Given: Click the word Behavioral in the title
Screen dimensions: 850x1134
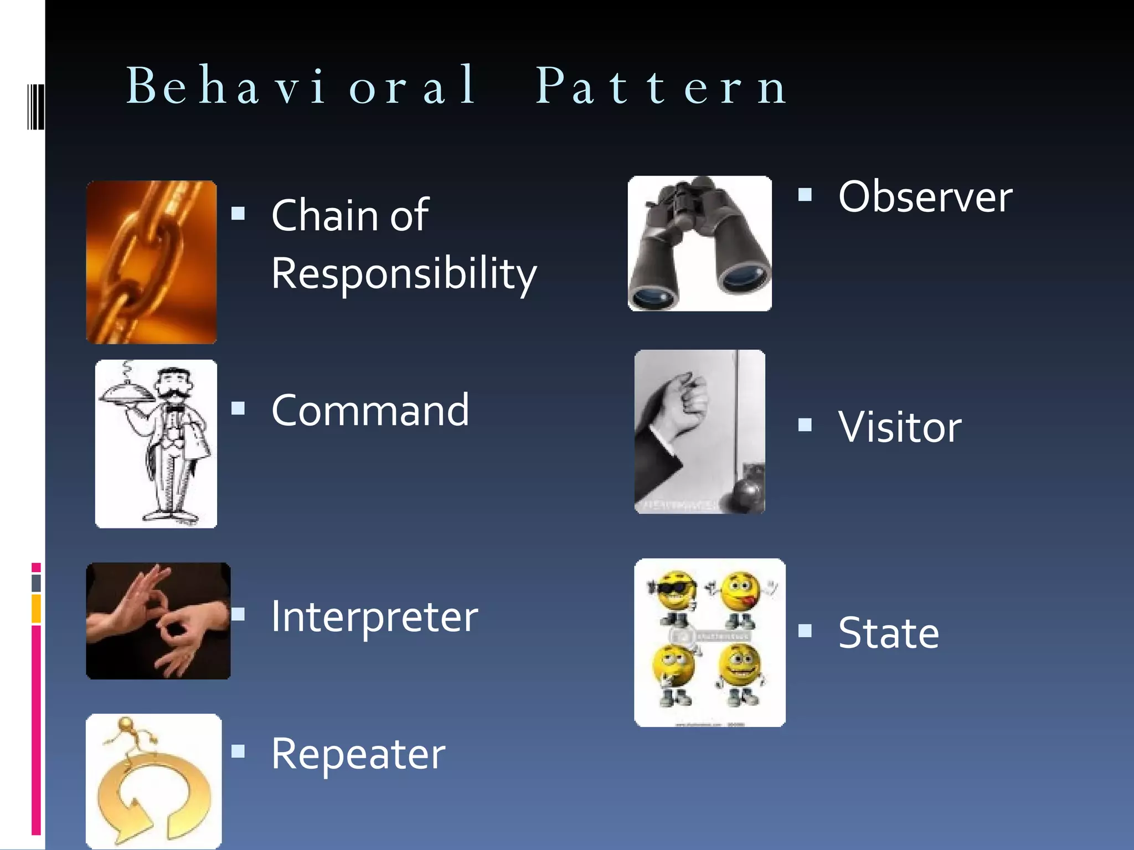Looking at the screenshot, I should coord(302,86).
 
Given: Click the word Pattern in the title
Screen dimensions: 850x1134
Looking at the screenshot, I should coord(662,86).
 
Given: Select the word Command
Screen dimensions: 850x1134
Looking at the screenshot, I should coord(370,411).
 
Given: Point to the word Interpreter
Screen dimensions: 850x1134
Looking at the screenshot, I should coord(374,617).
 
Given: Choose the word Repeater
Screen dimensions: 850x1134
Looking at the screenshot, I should coord(358,754).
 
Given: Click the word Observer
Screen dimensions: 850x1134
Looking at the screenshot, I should coord(925,197).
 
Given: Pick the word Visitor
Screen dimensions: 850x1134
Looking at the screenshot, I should coord(900,427).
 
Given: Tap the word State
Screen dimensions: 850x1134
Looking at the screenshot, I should coord(888,633).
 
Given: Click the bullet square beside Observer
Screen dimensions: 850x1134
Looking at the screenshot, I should coord(805,194).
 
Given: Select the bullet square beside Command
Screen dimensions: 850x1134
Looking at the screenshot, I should coord(238,408).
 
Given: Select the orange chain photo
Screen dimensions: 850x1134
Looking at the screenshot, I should coord(151,262).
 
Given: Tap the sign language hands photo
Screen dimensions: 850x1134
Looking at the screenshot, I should coord(158,621).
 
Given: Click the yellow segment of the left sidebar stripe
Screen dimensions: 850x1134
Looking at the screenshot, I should coord(36,609).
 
